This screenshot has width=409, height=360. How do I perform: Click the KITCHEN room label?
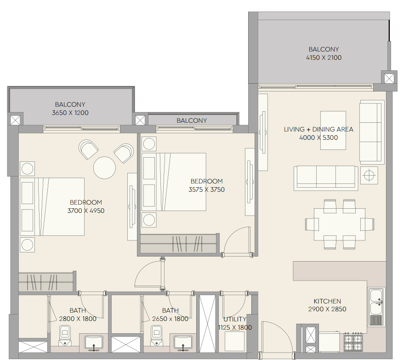(327, 301)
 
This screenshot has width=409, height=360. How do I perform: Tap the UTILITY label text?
(235, 319)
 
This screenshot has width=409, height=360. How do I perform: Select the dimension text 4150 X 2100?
(324, 57)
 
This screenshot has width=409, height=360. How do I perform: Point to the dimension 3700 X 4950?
(86, 211)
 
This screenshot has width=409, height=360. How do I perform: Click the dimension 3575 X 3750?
(207, 189)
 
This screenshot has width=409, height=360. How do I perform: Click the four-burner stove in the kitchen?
(353, 342)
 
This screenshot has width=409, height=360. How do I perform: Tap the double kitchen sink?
(376, 307)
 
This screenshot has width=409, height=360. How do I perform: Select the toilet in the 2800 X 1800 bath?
(65, 335)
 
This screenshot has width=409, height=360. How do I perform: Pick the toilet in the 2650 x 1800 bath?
(157, 335)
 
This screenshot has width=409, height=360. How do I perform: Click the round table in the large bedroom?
(104, 168)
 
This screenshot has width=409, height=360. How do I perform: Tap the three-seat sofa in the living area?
(326, 178)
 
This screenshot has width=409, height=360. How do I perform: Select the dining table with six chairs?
(340, 224)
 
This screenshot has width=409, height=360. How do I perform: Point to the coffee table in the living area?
(333, 130)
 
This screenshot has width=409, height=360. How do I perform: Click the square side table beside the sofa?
(369, 175)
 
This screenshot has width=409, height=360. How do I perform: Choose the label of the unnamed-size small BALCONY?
(192, 120)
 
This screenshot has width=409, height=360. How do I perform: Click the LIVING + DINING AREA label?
(318, 129)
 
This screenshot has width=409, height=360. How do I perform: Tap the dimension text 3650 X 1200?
(70, 113)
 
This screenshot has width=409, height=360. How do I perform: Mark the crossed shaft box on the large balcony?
(389, 78)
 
